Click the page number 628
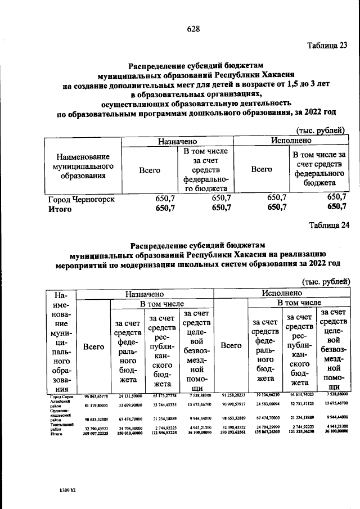point(179,28)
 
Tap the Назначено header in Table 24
point(145,293)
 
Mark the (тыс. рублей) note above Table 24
point(326,281)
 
